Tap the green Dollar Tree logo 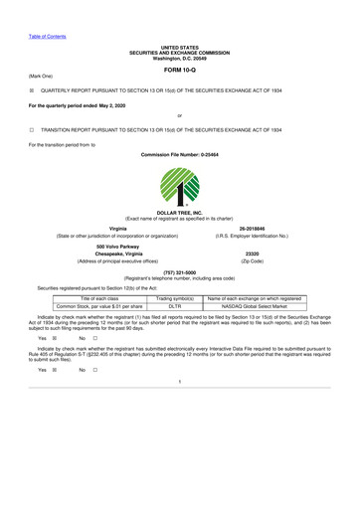(181, 188)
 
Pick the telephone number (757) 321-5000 (180, 272)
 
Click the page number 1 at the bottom (180, 409)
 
